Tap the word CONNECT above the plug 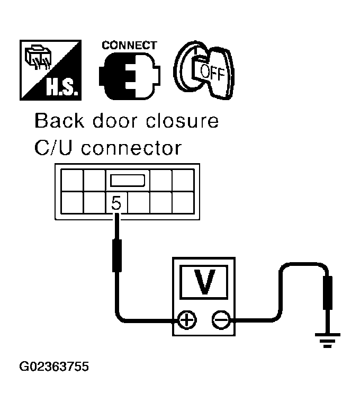point(130,45)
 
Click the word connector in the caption point(132,148)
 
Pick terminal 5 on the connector point(116,202)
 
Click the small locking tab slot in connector point(127,181)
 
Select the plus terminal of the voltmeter point(186,319)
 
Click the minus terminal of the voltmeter point(219,319)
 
